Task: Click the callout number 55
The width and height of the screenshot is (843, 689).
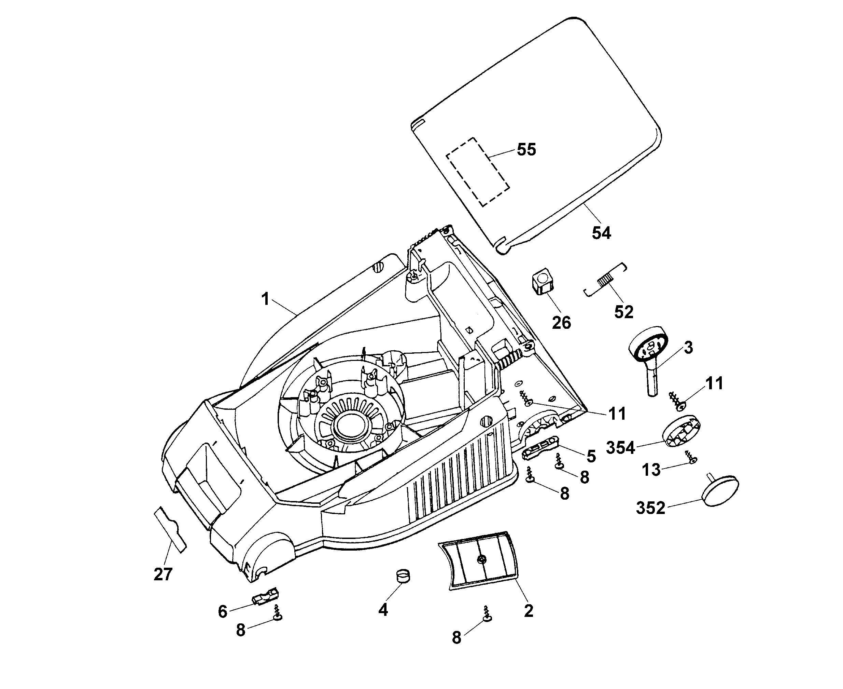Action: pyautogui.click(x=526, y=150)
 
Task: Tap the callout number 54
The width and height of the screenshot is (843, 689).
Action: pyautogui.click(x=602, y=233)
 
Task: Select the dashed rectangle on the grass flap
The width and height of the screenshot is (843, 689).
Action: pyautogui.click(x=478, y=172)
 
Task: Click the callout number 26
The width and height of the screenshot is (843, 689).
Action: pyautogui.click(x=561, y=323)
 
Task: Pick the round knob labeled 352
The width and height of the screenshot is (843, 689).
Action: pyautogui.click(x=720, y=489)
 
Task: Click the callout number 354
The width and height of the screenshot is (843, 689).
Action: pyautogui.click(x=620, y=448)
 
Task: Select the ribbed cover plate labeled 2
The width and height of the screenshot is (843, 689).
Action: pyautogui.click(x=479, y=561)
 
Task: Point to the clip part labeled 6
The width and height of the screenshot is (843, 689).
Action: pyautogui.click(x=265, y=596)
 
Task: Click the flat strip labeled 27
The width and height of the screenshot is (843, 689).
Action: pyautogui.click(x=170, y=530)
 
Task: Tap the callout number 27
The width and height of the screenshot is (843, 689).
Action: pyautogui.click(x=163, y=574)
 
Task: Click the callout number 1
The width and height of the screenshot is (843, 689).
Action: pyautogui.click(x=265, y=299)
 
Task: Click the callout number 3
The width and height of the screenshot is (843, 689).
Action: pyautogui.click(x=688, y=348)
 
